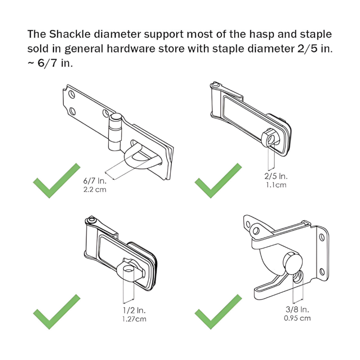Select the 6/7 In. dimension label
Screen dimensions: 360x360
95,181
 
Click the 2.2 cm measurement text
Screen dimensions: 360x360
95,190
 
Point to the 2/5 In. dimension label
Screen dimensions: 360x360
276,176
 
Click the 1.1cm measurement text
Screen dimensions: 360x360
276,185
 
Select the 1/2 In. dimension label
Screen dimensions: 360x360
134,310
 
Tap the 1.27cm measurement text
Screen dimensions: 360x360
134,319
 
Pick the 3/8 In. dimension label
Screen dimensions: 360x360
297,310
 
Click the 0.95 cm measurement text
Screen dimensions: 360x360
297,319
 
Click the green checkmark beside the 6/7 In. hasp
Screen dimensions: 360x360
57,180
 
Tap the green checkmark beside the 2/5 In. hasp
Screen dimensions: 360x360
219,180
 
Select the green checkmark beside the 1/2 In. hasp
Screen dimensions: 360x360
57,312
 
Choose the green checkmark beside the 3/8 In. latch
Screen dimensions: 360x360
219,312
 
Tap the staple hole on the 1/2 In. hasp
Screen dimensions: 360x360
129,269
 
